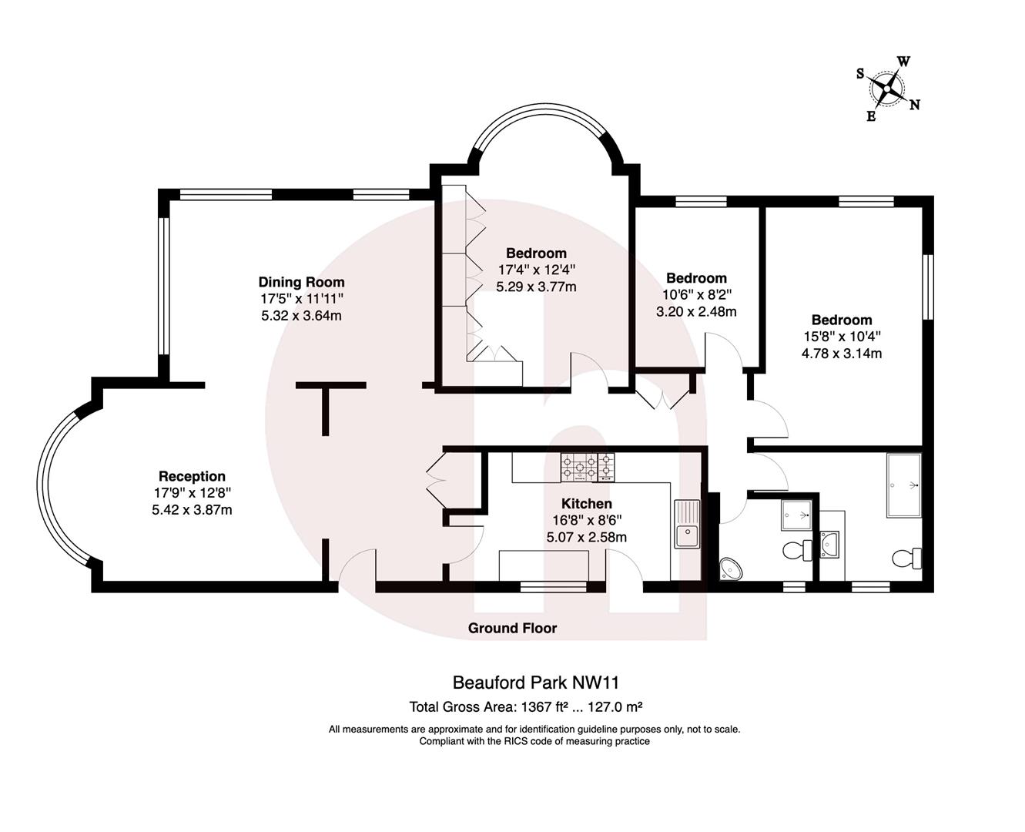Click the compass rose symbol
(889, 90)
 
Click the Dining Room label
(301, 282)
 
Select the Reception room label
(192, 476)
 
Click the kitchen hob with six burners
(588, 467)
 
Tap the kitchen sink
(686, 524)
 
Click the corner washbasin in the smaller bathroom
(731, 569)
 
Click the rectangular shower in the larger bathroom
(904, 485)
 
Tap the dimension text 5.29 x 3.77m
(536, 287)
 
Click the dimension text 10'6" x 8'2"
(696, 294)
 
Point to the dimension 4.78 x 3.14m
(842, 354)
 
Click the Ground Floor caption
(512, 628)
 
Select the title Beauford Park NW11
(535, 683)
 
